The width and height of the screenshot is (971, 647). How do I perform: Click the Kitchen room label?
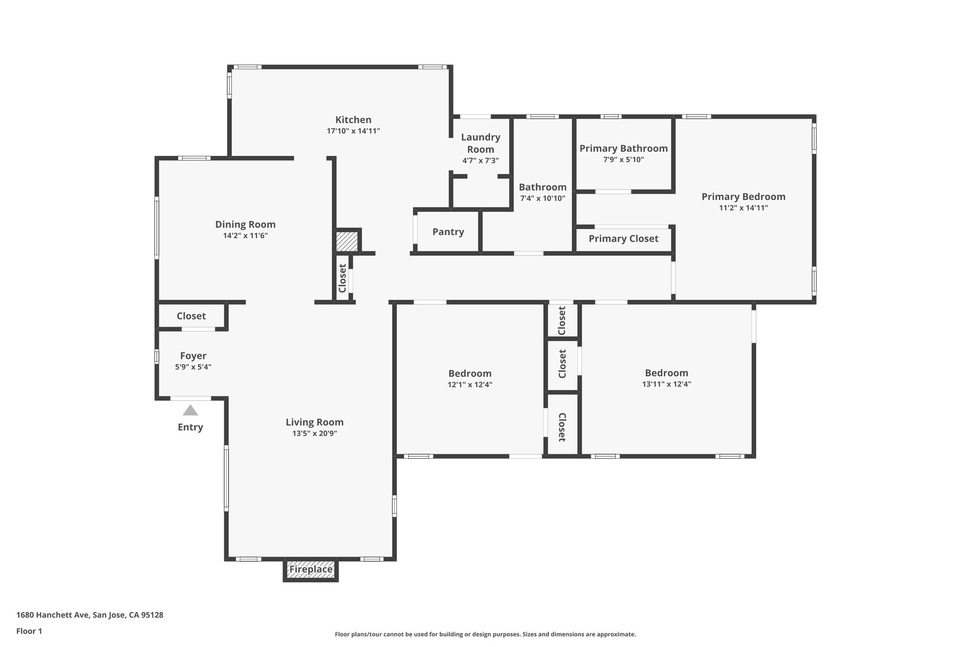coord(353,120)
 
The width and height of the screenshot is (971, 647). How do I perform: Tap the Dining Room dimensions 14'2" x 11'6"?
coord(245,236)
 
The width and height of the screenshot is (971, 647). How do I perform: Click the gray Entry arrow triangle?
coord(190,410)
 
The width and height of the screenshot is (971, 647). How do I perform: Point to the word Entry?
coord(190,427)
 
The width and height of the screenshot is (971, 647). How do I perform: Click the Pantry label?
coord(448,232)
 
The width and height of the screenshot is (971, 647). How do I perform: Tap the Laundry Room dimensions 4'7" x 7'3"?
coord(480,161)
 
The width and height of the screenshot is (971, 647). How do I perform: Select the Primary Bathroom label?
coord(623,148)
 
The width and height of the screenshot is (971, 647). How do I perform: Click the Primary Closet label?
coord(623,238)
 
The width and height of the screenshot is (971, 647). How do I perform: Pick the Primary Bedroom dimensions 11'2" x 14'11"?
coord(743,208)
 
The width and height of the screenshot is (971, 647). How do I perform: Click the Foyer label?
coord(193,356)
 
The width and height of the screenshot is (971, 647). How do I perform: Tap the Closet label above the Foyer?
coord(191,316)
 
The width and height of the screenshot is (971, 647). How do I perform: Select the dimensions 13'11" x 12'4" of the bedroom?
coord(666,384)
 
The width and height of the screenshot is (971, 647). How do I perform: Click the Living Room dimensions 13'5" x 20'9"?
coord(314,433)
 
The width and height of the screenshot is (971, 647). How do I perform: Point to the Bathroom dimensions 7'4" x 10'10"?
coord(542,199)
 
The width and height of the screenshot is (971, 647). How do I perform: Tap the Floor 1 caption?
coord(29,631)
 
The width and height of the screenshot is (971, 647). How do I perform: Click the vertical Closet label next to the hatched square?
coord(342,278)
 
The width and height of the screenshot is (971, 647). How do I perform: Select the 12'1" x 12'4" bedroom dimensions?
coord(470,385)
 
